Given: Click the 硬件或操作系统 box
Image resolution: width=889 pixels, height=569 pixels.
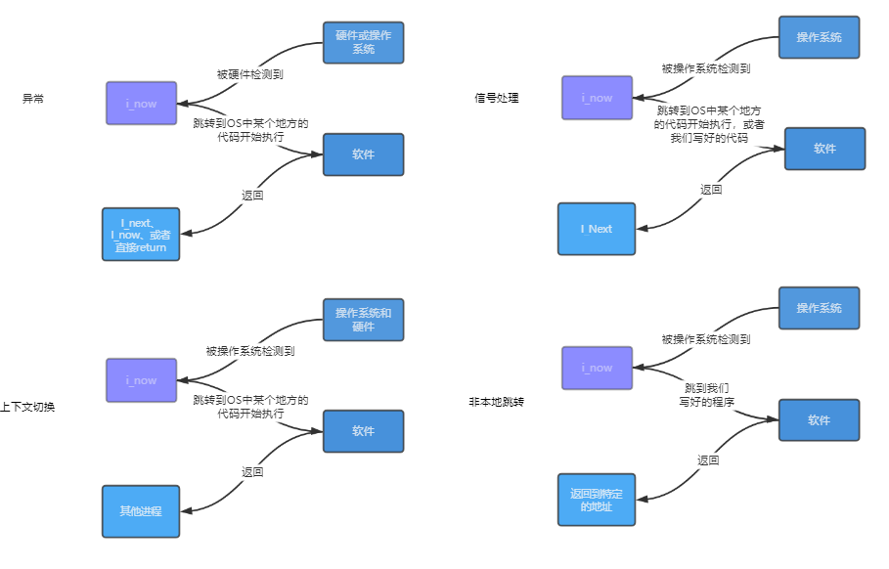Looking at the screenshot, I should coord(363,42).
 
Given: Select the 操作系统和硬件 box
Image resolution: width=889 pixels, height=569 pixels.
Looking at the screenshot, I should coord(363,320).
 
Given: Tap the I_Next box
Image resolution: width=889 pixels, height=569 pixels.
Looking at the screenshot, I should coord(597,229).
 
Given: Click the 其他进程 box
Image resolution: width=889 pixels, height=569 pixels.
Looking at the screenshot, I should coord(141,511).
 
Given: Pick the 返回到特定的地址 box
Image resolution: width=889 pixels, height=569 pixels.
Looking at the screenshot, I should coord(597,500).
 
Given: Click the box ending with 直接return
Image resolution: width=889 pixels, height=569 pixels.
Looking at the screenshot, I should coord(141,235).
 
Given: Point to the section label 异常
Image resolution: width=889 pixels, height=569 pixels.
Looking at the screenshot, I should coord(33,99).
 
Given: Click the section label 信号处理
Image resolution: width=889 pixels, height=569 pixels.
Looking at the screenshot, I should coord(496,98).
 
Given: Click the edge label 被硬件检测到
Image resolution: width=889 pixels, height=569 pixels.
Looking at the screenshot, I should coord(250,73).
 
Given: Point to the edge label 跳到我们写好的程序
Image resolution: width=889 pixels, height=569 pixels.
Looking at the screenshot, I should coord(707,394).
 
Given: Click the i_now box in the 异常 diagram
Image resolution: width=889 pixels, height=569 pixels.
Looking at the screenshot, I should coord(142,104).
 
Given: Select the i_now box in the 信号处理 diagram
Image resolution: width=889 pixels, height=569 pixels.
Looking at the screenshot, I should coord(597,98).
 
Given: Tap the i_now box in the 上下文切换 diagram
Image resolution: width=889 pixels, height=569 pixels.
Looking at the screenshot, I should coord(142,380).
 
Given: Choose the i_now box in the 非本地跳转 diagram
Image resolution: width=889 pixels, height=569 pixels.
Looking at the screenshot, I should coord(597,369).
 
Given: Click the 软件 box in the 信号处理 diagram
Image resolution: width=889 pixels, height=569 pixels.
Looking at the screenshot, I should coord(824,149).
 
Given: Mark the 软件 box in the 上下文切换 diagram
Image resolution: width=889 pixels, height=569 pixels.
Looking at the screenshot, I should coord(363,431).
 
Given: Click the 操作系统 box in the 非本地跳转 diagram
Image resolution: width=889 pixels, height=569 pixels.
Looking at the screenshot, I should coord(819,308).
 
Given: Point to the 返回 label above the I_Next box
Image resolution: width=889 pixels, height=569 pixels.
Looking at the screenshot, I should coord(711,189).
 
